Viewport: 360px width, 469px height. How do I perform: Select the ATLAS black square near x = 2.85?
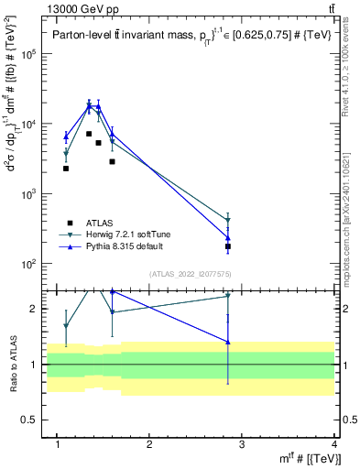coord(228,246)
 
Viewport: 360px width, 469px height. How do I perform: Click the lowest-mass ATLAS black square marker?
coord(66,169)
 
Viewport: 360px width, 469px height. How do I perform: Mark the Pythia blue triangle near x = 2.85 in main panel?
coord(228,238)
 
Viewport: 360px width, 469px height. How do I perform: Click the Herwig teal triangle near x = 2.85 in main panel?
coord(228,221)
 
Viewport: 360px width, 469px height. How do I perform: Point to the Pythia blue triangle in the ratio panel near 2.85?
coord(228,343)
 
